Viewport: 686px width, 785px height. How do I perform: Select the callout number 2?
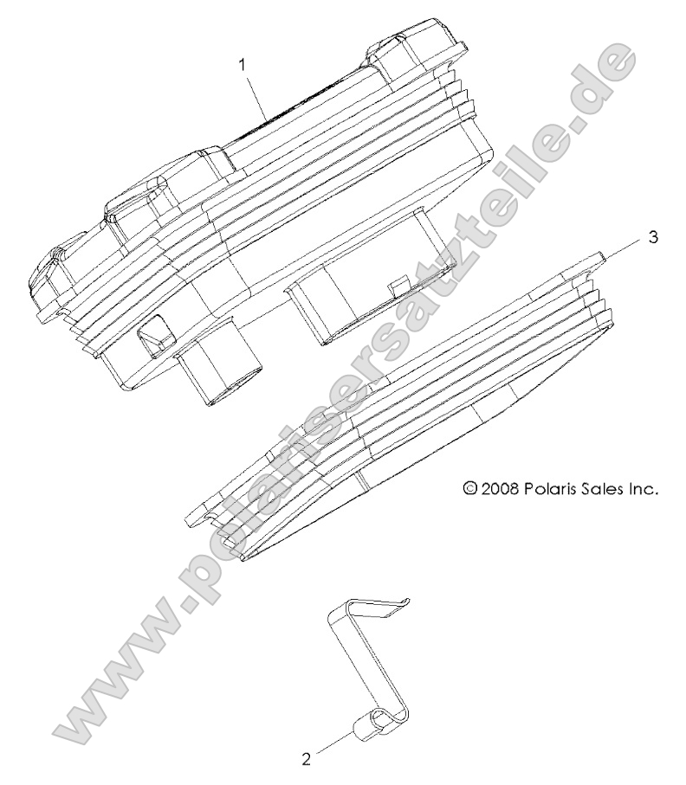306,760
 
